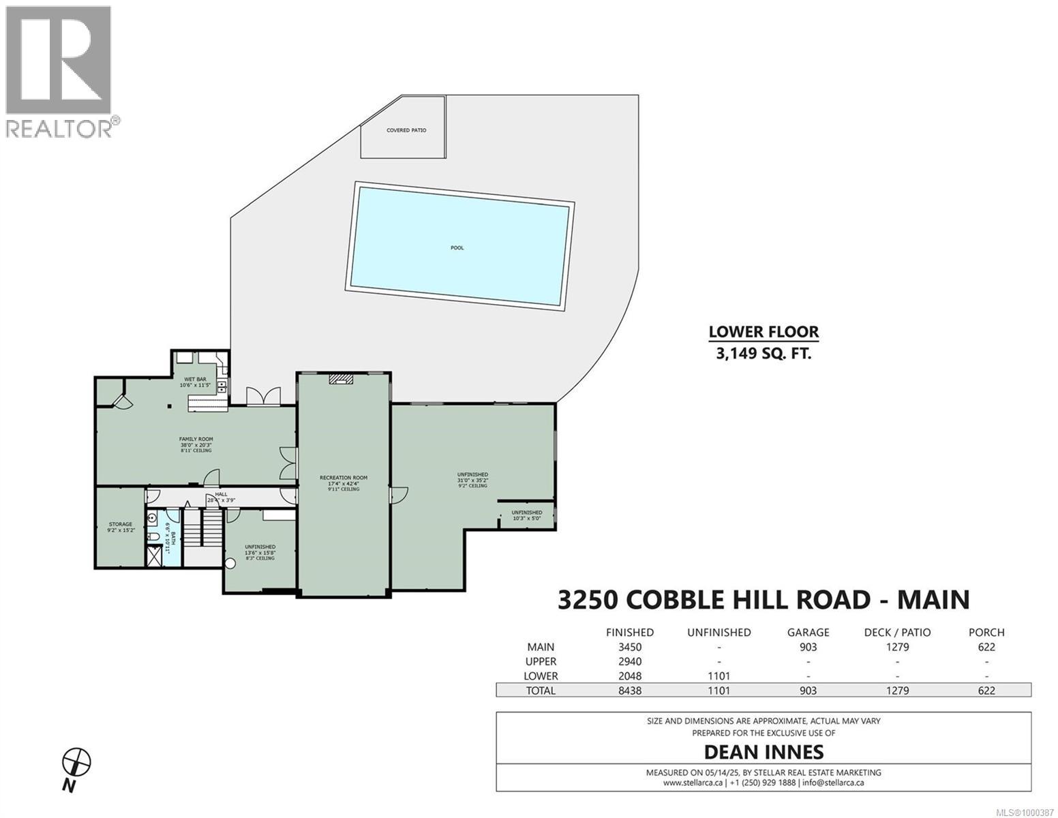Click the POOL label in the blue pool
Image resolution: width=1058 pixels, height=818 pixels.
[x=457, y=247]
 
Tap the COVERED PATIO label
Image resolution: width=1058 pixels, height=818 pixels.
[x=406, y=130]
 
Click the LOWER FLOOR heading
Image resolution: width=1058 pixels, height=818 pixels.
[x=764, y=332]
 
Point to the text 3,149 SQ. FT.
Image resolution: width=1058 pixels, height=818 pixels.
[x=764, y=353]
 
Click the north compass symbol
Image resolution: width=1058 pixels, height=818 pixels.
[x=76, y=761]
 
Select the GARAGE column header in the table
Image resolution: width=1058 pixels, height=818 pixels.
[x=808, y=632]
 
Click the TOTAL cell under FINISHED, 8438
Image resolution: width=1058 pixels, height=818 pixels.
[x=628, y=691]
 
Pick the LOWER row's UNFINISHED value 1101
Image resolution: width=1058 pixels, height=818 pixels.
[x=719, y=676]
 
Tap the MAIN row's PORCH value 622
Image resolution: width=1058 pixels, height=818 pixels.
[x=986, y=647]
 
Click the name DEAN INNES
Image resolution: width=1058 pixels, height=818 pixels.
[x=764, y=752]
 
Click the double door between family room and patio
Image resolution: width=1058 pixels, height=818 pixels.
[x=262, y=397]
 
